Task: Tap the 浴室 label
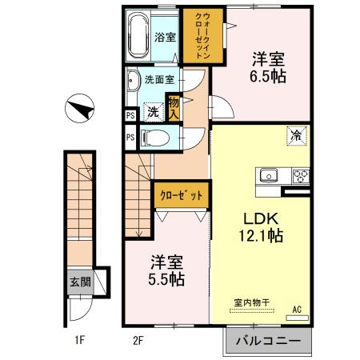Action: click(165, 37)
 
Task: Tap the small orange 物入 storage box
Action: click(174, 106)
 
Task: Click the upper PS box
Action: click(130, 115)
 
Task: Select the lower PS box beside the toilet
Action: click(130, 137)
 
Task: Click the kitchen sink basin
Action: click(268, 174)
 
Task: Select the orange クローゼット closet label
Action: click(182, 195)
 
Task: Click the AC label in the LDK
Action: click(296, 309)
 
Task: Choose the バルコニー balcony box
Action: click(267, 341)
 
